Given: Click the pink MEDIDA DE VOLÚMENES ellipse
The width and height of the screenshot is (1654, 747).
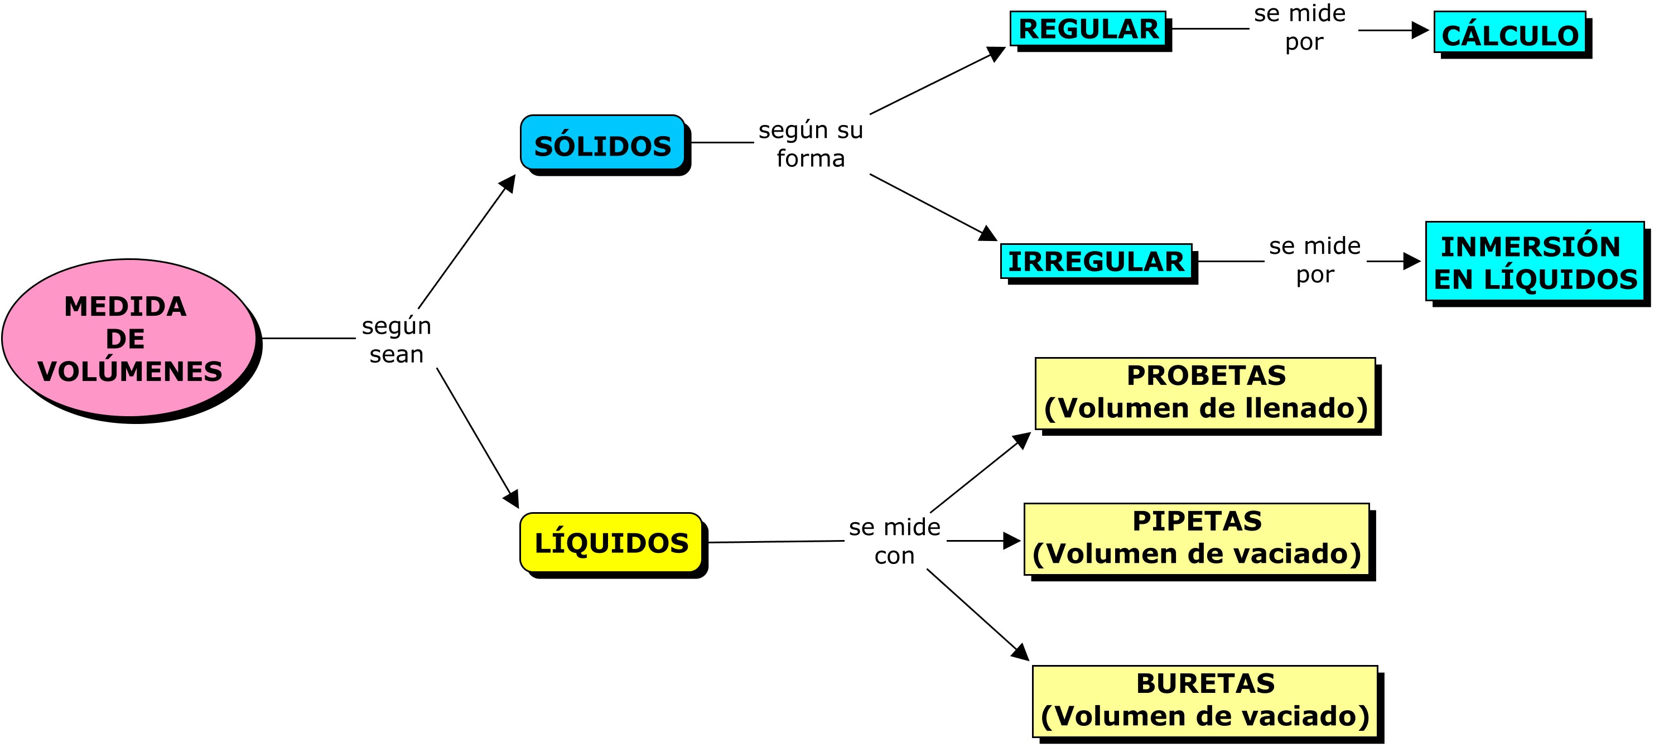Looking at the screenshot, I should click(128, 338).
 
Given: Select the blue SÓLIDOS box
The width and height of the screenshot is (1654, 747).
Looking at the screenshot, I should click(602, 143).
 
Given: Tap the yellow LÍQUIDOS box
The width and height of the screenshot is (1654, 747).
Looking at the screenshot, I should click(611, 543).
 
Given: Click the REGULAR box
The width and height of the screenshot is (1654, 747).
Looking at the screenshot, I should click(1088, 29).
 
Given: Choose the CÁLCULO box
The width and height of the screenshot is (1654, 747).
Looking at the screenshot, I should click(1510, 33).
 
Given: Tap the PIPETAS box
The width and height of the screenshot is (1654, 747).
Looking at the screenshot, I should click(1197, 539).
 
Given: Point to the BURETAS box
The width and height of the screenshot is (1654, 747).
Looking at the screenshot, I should click(1205, 701).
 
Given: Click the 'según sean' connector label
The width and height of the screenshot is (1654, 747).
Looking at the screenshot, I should click(396, 340).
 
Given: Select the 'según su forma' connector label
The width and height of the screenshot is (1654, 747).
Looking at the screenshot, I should click(811, 144).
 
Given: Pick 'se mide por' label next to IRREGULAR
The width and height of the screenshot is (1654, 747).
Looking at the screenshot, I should click(1314, 260).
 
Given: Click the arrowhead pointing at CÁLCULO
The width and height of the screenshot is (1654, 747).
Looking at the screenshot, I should click(1420, 30).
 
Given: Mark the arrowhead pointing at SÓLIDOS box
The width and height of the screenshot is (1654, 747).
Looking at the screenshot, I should click(509, 182).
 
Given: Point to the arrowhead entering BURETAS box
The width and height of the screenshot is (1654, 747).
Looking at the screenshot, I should click(1021, 653).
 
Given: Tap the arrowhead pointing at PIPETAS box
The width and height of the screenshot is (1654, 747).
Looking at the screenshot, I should click(1012, 541).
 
